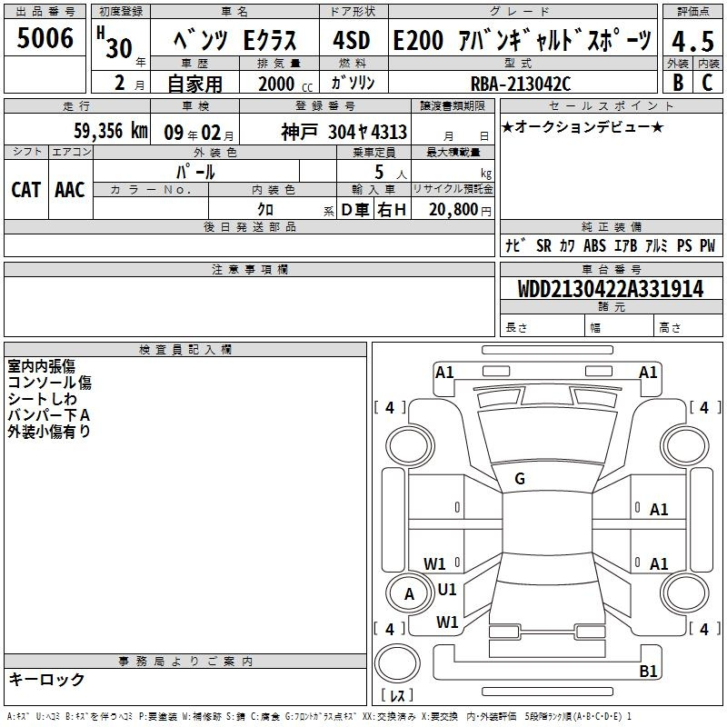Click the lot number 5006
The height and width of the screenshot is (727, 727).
click(45, 37)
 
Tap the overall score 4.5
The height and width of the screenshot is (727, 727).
click(692, 41)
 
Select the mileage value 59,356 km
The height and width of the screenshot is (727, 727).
click(111, 131)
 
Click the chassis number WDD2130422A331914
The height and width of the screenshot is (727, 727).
click(611, 289)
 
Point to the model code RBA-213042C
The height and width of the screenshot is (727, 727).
click(520, 84)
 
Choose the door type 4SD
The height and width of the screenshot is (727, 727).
click(352, 40)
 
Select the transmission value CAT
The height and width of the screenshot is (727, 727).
click(26, 190)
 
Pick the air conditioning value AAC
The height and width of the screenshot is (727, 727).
click(70, 190)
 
